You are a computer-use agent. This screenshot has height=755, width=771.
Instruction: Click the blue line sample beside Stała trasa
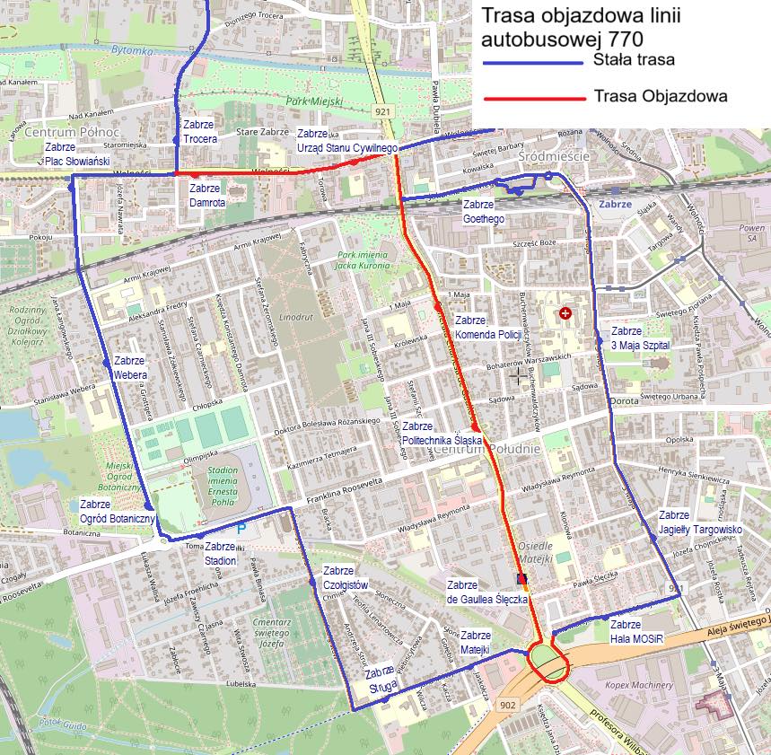point(533,63)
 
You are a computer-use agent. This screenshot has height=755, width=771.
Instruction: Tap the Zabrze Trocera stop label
point(198,132)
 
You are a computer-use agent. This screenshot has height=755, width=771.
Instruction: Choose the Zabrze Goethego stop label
point(483,212)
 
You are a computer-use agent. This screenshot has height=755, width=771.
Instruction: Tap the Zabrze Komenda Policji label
point(487,327)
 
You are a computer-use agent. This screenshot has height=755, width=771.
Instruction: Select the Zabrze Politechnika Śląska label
point(442,434)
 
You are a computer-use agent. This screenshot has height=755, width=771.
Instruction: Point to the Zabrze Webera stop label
point(130,368)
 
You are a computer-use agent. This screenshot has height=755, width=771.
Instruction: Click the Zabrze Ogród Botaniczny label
point(118,512)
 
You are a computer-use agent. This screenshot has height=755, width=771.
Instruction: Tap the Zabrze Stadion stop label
point(220,554)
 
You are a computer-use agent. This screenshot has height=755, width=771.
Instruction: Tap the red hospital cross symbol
point(565,313)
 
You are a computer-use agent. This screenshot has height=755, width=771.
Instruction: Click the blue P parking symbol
point(241,530)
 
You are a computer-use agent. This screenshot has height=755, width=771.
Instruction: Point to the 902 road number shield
point(507,705)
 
